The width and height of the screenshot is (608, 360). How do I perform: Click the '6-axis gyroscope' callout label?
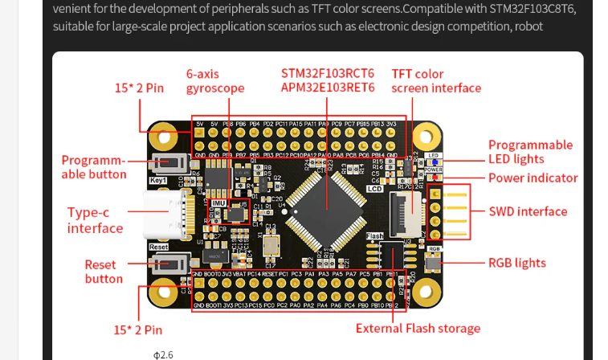point(214,80)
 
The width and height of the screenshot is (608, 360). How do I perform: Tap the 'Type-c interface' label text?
point(95,220)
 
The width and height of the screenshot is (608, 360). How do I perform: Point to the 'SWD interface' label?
point(528,212)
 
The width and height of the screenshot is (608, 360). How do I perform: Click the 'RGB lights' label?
point(516,263)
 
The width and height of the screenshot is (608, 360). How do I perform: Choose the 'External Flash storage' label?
point(418,328)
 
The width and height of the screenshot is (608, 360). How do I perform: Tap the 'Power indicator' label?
point(533,178)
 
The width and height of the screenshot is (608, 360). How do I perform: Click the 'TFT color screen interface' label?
point(435,81)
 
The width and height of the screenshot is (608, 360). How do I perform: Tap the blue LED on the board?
point(433,162)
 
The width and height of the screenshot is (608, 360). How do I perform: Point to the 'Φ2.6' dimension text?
point(163,354)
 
